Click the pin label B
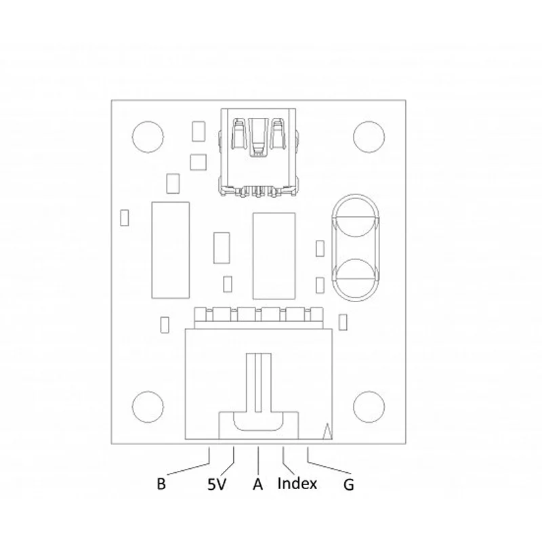(x=161, y=484)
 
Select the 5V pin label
(x=216, y=484)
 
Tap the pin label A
(x=258, y=484)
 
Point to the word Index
(x=297, y=483)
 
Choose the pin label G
(x=349, y=484)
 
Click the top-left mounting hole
(x=148, y=137)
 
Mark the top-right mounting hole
(x=369, y=137)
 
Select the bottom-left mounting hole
(x=148, y=407)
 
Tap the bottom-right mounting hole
(x=369, y=407)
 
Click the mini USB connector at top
(x=258, y=152)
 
